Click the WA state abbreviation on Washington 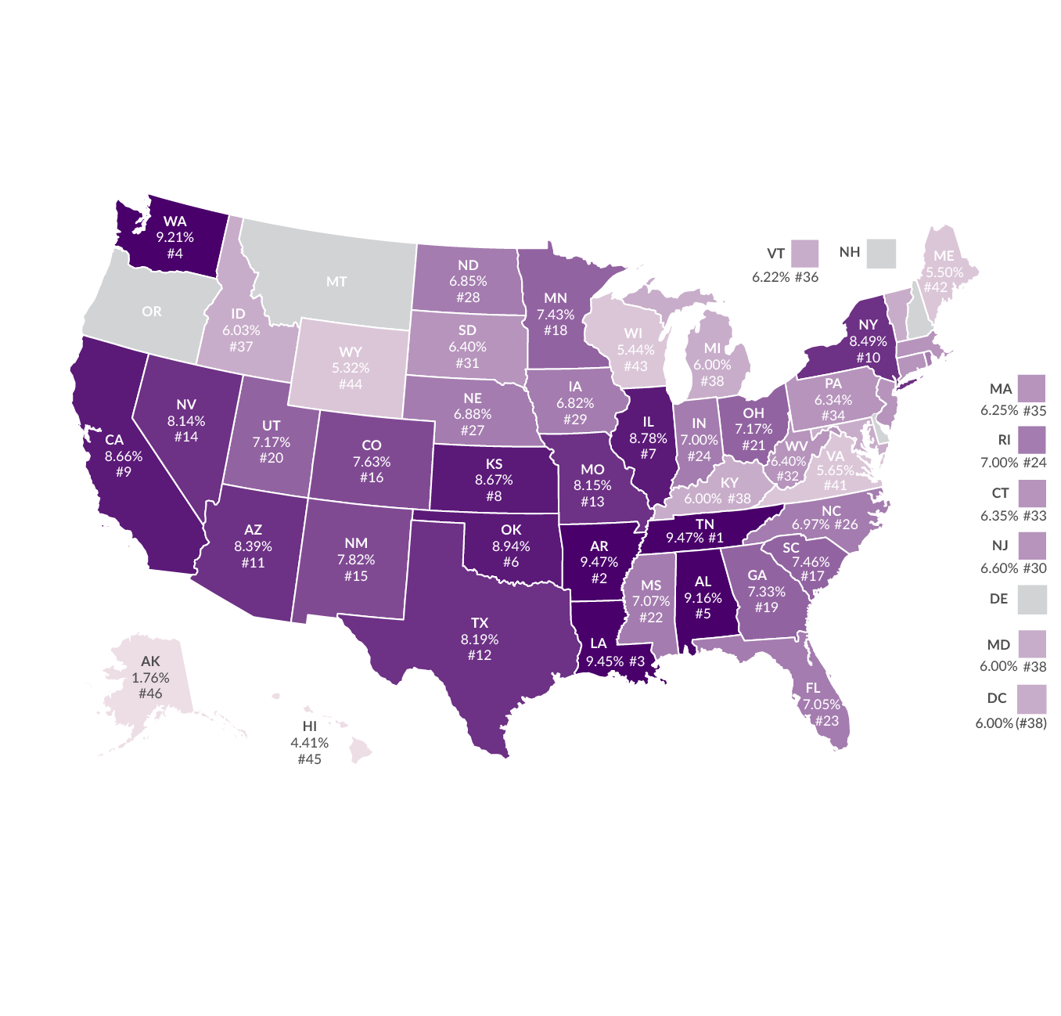coord(175,222)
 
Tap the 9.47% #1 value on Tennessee coord(695,538)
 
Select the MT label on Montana coord(336,281)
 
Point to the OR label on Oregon coord(152,312)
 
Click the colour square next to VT coord(804,254)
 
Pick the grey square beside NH coord(881,254)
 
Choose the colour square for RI coord(1032,441)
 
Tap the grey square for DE coord(1032,600)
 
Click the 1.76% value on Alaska coord(150,678)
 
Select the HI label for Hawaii coord(310,726)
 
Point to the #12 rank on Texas coord(480,655)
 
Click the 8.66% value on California coord(124,456)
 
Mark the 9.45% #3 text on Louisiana coord(616,661)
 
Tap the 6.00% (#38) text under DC coord(1011,723)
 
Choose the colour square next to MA coord(1032,389)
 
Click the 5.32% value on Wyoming coord(351,368)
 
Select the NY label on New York coord(869,325)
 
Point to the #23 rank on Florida coord(827,720)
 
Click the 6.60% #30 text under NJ coord(1013,568)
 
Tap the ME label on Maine coord(944,256)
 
